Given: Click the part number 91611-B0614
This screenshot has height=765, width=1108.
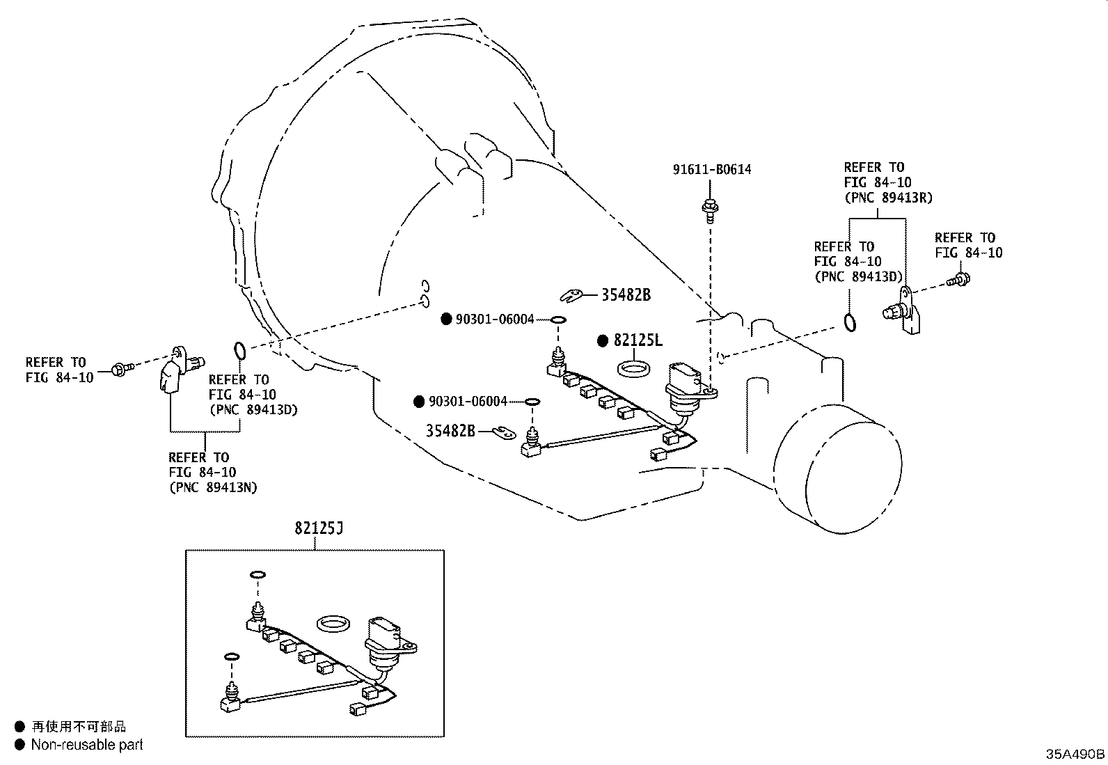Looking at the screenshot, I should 712,169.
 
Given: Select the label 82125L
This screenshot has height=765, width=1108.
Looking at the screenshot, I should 638,340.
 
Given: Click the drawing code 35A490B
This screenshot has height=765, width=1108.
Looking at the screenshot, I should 1075,754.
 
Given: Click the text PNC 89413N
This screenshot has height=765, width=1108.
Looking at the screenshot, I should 213,487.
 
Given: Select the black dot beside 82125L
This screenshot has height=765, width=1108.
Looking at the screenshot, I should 603,340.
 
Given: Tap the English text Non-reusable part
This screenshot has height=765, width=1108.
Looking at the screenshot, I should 87,745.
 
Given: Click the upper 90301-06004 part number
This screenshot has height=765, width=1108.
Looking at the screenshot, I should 495,320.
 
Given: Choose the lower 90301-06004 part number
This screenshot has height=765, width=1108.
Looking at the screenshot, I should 468,402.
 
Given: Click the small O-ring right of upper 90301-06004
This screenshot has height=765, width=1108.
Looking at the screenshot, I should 558,320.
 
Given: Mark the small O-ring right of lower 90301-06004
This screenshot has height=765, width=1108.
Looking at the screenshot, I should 532,402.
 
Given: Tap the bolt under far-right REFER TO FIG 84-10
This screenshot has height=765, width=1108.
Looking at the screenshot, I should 960,280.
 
